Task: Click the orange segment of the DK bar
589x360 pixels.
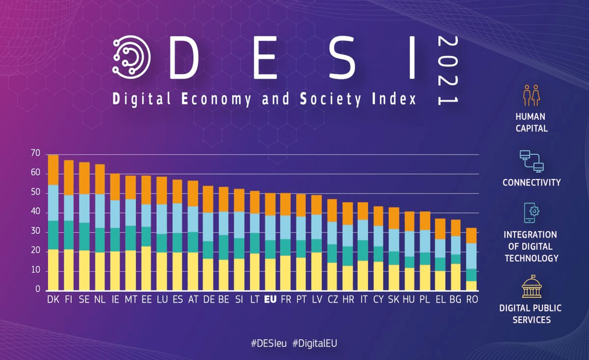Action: click(x=53, y=170)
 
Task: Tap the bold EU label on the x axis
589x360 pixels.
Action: click(x=270, y=299)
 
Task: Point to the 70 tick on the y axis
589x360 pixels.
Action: click(x=35, y=154)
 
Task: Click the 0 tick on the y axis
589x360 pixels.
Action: click(x=38, y=290)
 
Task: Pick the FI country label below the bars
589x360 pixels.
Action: click(x=69, y=299)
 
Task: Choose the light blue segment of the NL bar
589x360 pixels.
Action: click(x=100, y=211)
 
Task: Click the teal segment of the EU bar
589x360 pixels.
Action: click(x=270, y=249)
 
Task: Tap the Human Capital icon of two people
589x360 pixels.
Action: click(x=531, y=95)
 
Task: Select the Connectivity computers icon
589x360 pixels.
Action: click(x=531, y=161)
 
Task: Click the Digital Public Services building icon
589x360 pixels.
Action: click(x=531, y=287)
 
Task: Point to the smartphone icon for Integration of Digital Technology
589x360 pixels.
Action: click(x=531, y=213)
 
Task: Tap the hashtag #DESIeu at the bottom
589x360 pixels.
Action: click(x=268, y=343)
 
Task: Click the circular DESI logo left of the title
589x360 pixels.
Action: click(x=131, y=57)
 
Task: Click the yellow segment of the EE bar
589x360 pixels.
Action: click(x=146, y=268)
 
